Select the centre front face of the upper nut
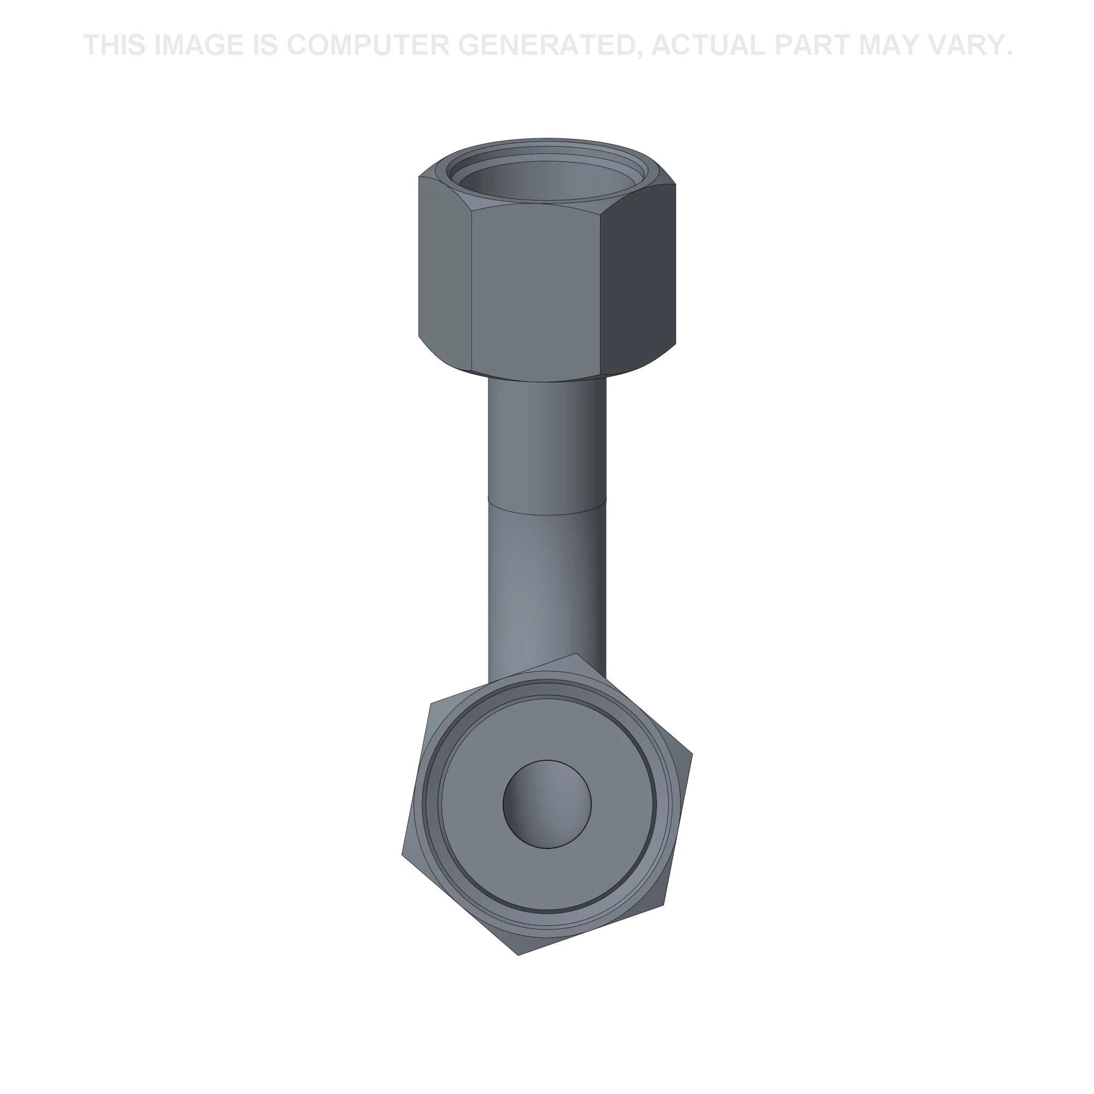click(536, 289)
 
